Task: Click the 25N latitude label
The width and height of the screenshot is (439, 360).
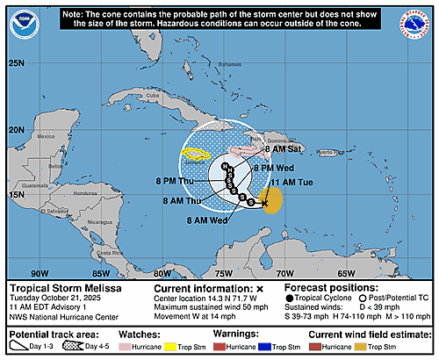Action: coord(16,63)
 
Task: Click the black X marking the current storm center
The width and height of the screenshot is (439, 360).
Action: coord(264,202)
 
